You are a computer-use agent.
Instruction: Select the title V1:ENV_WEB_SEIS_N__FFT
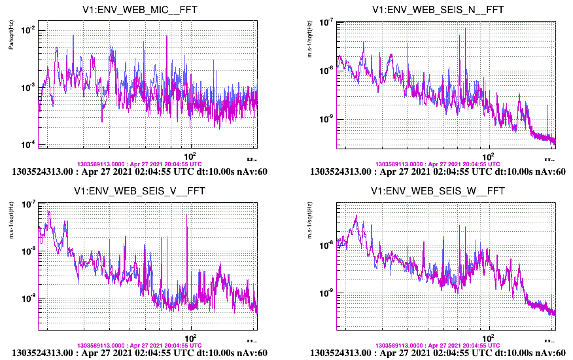pos(438,10)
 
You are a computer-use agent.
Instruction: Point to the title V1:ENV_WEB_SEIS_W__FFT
pos(438,191)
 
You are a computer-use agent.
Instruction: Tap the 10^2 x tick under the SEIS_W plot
pos(489,336)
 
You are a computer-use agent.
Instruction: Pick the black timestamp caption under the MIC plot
pos(140,172)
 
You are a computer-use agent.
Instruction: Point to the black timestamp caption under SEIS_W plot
pos(438,353)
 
